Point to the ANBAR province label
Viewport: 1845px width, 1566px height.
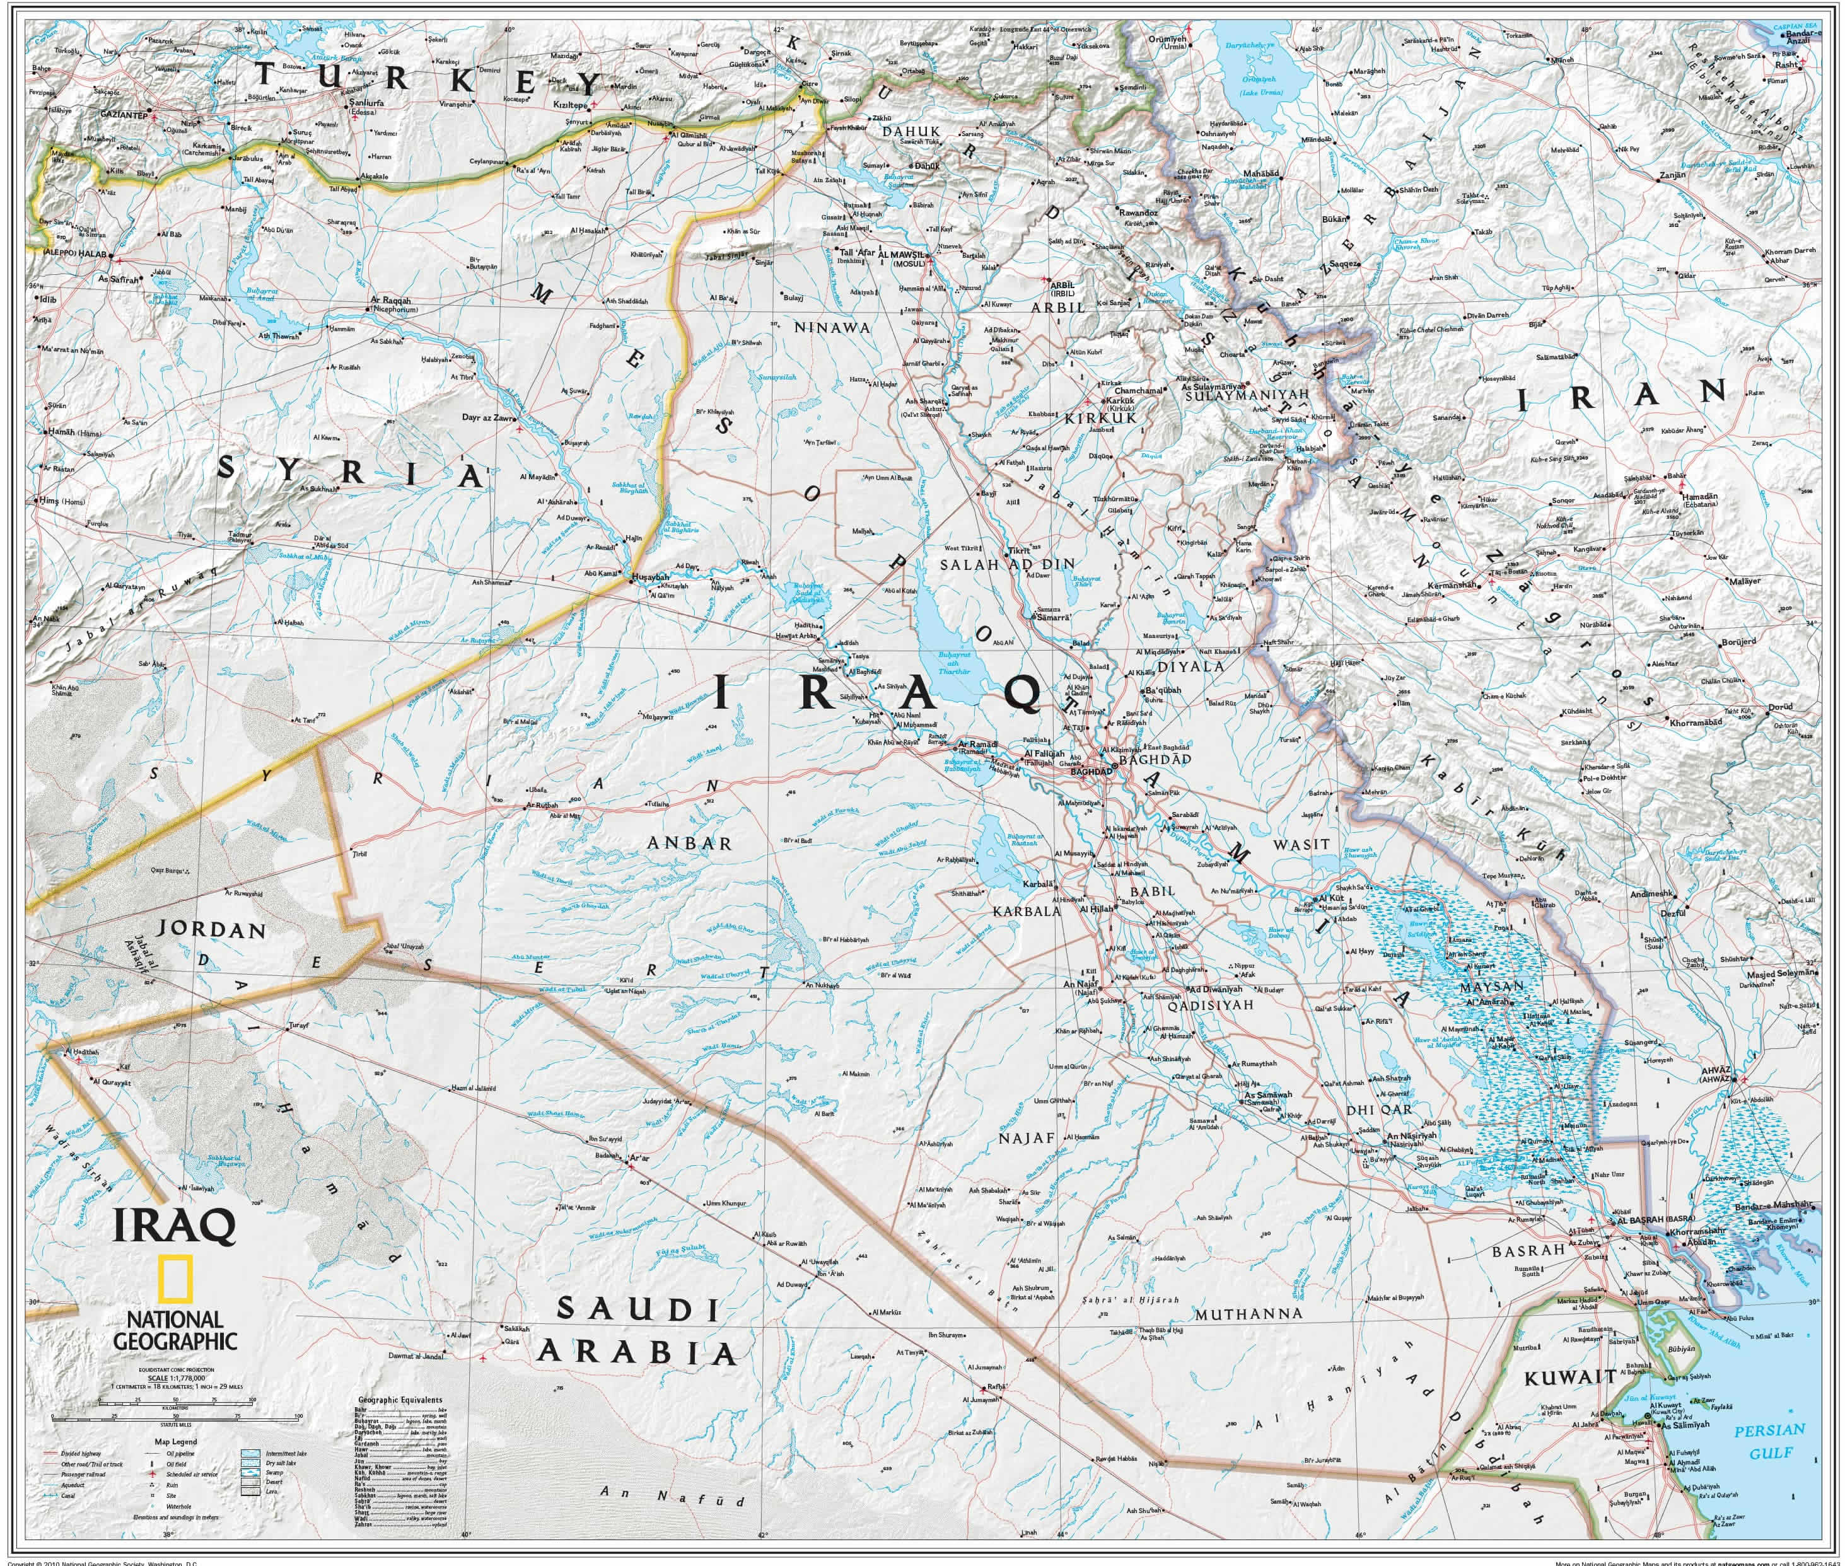(689, 844)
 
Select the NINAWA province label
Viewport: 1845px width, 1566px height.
(832, 328)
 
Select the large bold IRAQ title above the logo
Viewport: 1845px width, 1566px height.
(174, 1225)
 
